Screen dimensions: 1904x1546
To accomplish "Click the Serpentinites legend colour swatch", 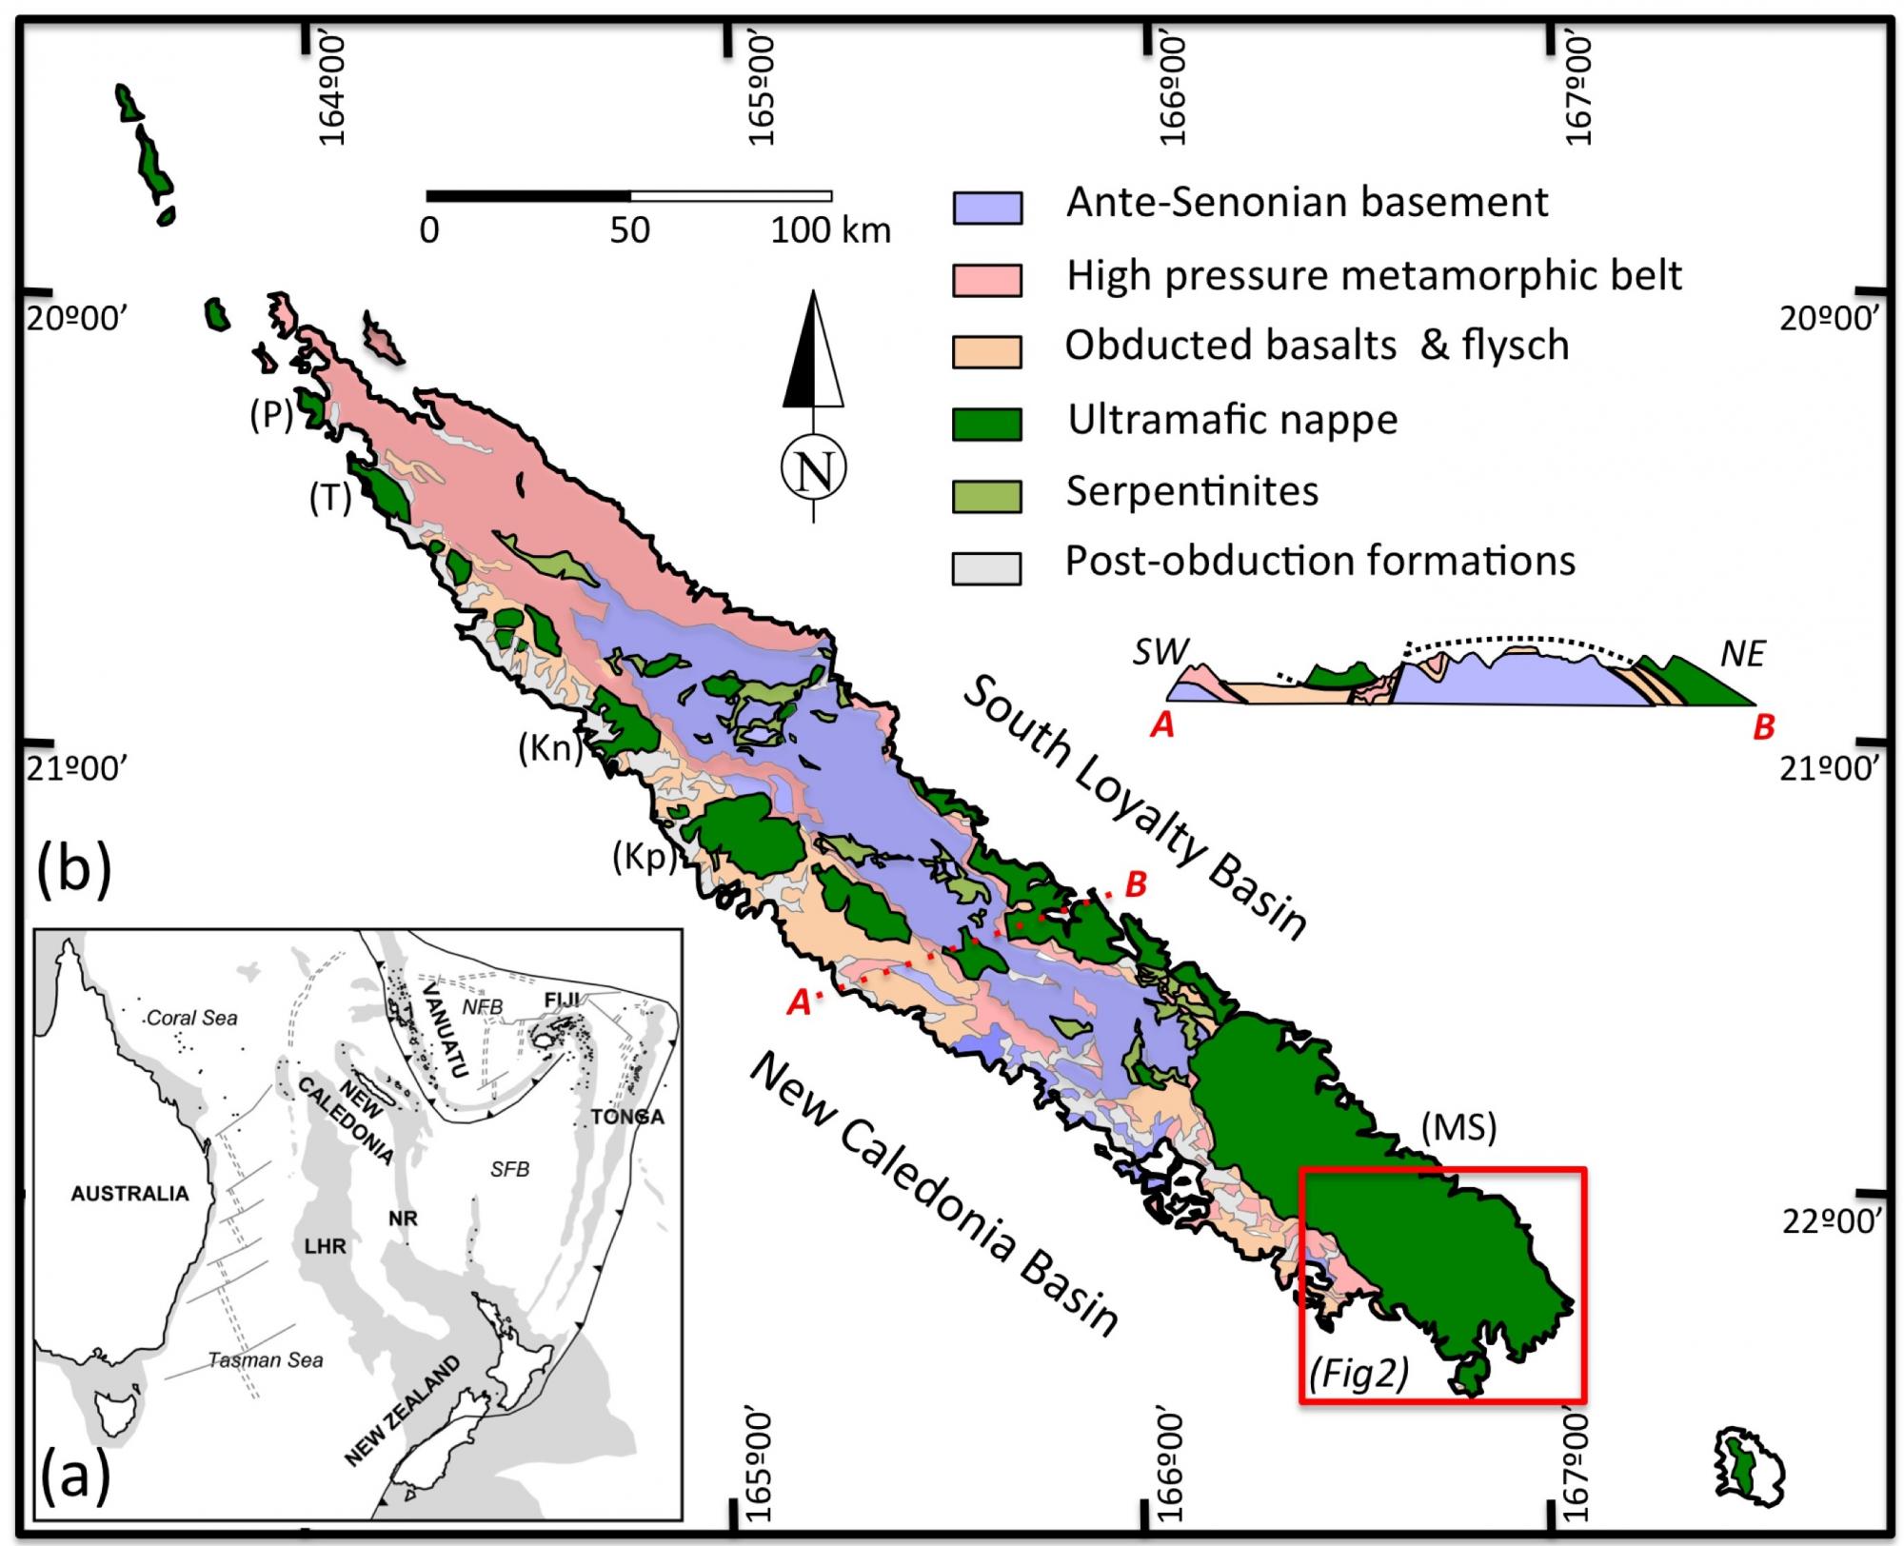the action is click(x=987, y=495).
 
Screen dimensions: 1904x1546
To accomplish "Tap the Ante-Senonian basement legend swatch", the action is click(x=987, y=207).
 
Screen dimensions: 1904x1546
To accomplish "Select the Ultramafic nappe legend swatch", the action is click(x=987, y=424).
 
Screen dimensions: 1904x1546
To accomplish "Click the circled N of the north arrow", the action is click(x=814, y=468).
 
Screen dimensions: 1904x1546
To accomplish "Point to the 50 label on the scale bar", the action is click(x=629, y=230).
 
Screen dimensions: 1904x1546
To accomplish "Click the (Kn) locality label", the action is click(x=549, y=749).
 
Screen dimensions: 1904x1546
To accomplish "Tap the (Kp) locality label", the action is click(x=644, y=858).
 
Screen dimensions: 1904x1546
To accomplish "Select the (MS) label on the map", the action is click(x=1458, y=1127).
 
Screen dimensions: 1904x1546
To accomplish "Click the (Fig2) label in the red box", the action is click(x=1359, y=1374).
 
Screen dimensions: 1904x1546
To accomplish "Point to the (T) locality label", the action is click(x=330, y=497).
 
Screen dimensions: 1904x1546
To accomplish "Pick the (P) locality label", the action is click(x=271, y=415).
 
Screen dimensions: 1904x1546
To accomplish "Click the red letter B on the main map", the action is click(x=1136, y=884).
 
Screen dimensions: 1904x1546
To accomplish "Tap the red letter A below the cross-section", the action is click(x=1162, y=726).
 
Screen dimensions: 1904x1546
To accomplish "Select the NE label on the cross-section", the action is click(x=1742, y=654).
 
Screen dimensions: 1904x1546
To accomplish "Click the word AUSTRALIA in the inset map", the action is click(x=129, y=1194).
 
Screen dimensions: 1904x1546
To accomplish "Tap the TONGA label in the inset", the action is click(x=627, y=1117).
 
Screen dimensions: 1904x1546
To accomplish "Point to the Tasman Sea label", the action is click(x=266, y=1360).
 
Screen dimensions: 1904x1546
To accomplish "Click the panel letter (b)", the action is click(x=73, y=869).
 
